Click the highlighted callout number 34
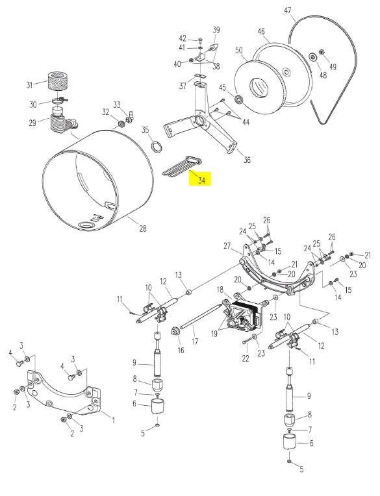coord(201,180)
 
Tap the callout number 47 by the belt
coord(287,10)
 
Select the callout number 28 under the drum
coord(143,228)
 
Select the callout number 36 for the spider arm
coord(247,160)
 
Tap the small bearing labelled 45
coord(238,99)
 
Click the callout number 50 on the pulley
coord(239,50)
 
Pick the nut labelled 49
coord(322,52)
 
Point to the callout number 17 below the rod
coord(195,341)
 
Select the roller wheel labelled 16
coord(175,332)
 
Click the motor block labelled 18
coord(246,315)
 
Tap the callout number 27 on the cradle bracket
coord(227,246)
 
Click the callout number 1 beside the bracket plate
coord(113,420)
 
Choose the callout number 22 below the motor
coord(246,358)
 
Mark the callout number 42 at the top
coord(183,38)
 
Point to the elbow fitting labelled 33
coord(130,118)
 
